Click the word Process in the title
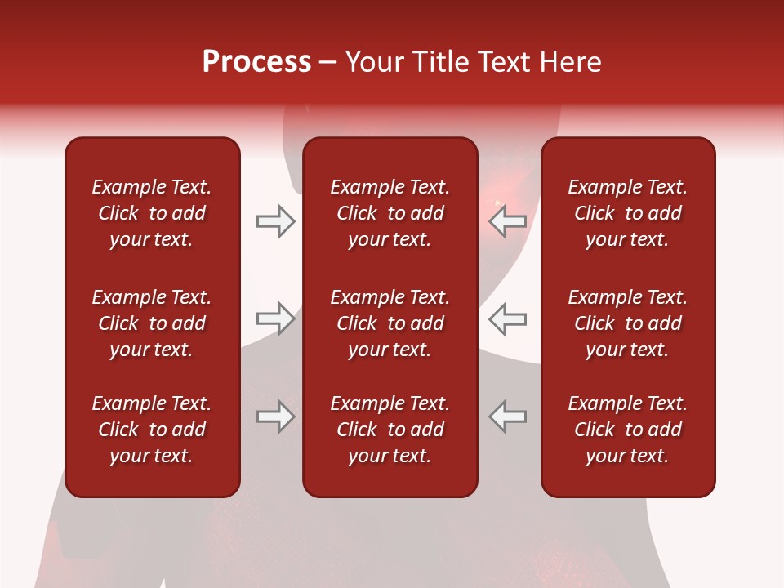pos(256,62)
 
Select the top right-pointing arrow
pos(275,221)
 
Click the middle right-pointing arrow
pos(275,318)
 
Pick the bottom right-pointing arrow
pos(275,416)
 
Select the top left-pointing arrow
pos(508,221)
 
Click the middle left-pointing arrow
pos(508,318)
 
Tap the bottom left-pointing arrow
pos(508,416)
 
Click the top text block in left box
pos(152,213)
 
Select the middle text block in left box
pos(152,323)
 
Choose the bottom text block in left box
pos(152,430)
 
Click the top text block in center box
pos(390,213)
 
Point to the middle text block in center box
pos(390,323)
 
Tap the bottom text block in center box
pos(390,430)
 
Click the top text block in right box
pos(627,213)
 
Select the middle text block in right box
pos(627,323)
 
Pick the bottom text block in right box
pos(627,430)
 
